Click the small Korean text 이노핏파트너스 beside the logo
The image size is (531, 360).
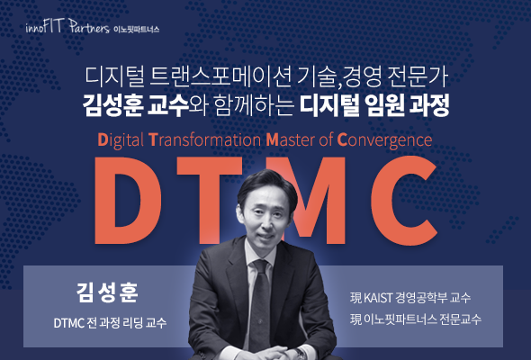[136, 29]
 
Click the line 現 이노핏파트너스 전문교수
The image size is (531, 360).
[416, 319]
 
